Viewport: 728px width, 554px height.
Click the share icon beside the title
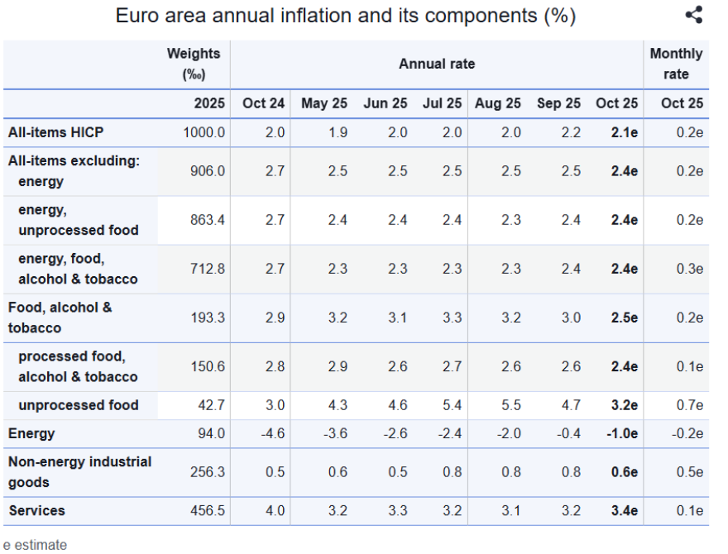pos(694,15)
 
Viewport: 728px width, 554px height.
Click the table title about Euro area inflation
pos(346,16)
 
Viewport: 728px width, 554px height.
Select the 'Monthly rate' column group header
pos(675,64)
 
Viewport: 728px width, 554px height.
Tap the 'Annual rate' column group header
pos(437,64)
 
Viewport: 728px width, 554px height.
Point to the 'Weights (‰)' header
pos(194,64)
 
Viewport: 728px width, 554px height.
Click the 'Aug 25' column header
pos(498,103)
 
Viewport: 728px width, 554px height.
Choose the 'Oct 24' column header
pos(263,103)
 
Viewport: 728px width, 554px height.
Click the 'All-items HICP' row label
pos(56,131)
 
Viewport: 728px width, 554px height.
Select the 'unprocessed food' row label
pos(78,405)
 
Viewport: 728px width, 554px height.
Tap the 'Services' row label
pos(37,510)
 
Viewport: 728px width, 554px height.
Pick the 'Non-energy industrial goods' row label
pos(79,472)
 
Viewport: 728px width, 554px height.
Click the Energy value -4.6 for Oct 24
pos(269,433)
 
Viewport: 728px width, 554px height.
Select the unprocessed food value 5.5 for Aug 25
pos(510,405)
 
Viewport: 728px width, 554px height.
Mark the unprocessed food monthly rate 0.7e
pos(688,405)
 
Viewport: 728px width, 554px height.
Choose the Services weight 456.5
pos(208,510)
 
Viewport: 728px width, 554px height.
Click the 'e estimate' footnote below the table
pos(35,544)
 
